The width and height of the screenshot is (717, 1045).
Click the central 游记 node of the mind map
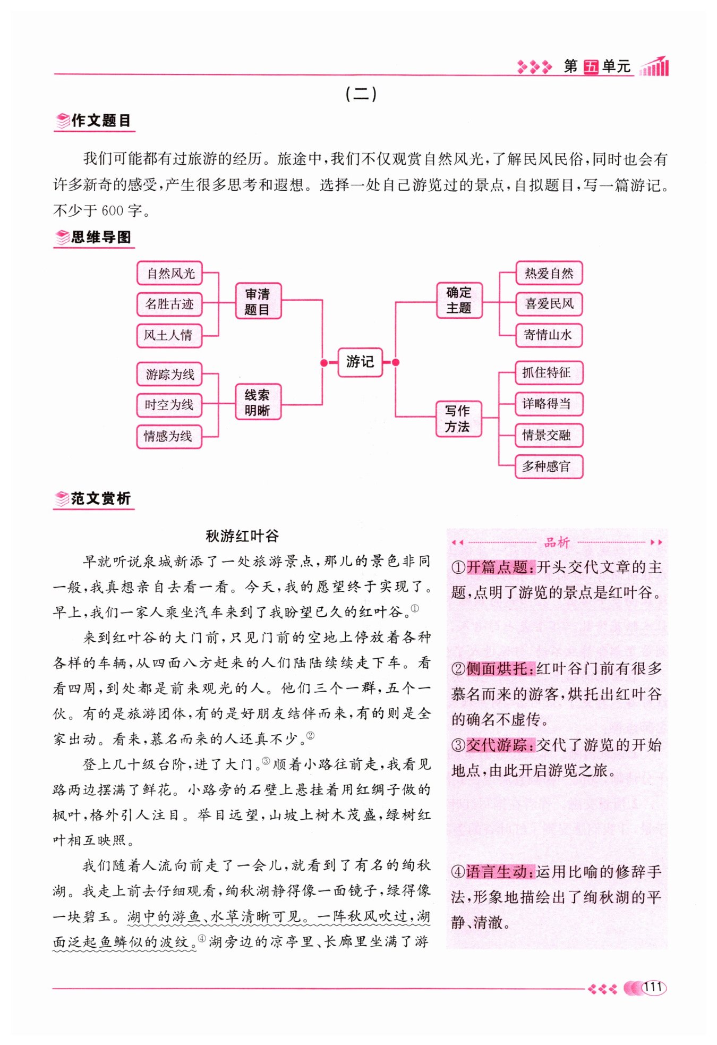click(x=360, y=362)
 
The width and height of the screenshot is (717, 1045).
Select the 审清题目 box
click(x=258, y=301)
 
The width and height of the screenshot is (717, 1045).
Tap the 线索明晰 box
click(x=258, y=402)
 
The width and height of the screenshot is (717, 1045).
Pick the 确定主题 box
click(x=459, y=300)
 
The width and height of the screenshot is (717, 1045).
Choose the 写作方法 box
click(x=458, y=419)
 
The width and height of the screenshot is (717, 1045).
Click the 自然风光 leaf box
click(x=170, y=274)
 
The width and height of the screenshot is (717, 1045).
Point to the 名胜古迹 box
click(x=169, y=304)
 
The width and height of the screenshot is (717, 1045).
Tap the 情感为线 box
click(x=169, y=437)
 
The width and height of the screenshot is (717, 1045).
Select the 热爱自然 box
click(x=549, y=274)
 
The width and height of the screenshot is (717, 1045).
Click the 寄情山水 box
click(x=549, y=335)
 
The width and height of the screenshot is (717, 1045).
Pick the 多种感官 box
click(x=549, y=466)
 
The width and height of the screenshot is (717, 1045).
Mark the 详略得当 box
click(x=549, y=404)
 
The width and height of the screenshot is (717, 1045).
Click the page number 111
click(x=653, y=987)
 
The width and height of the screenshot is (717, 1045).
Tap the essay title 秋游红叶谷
click(x=242, y=536)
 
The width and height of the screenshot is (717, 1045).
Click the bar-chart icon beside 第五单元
click(x=655, y=66)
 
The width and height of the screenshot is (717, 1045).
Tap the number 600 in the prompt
click(x=112, y=211)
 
